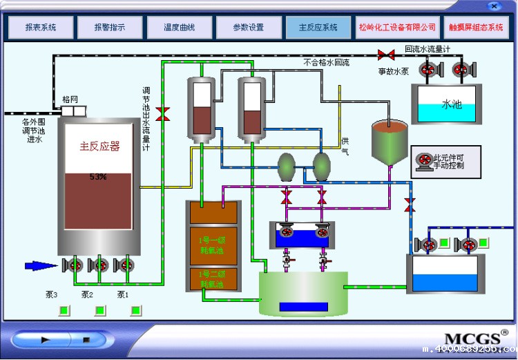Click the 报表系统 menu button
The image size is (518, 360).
coord(41,28)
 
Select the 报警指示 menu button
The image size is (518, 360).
coord(110,28)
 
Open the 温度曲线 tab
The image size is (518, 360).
coord(179,28)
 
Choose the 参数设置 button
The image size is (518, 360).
coord(248,28)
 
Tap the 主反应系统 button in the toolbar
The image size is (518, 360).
coord(318,28)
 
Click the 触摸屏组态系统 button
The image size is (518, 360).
coord(476,28)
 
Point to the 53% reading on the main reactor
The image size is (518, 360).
coord(98,177)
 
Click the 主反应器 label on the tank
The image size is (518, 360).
coord(99,146)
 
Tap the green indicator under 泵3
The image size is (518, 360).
coord(64,310)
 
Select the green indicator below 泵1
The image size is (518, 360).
coord(135,310)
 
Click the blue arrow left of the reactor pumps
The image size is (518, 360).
coord(41,265)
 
